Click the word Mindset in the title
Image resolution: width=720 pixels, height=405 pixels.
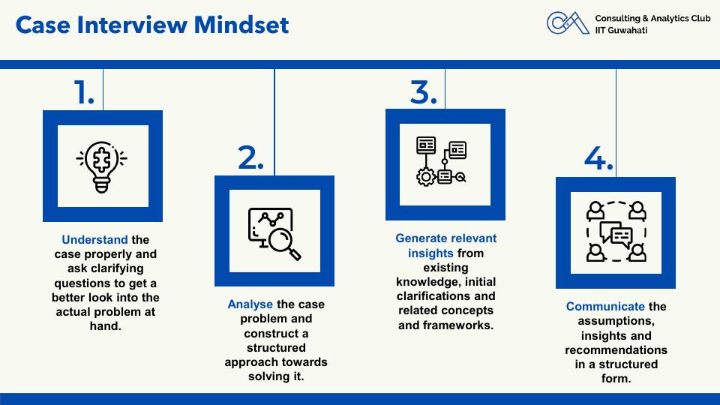241,25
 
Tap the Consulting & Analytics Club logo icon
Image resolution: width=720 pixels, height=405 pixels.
568,22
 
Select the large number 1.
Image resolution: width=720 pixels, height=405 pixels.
84,91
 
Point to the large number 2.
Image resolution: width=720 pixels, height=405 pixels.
250,157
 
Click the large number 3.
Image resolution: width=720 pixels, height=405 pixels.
423,91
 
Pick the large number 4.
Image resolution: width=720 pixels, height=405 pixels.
598,158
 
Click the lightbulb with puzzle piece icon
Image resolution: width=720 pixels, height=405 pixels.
102,166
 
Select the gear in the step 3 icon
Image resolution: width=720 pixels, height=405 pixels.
426,177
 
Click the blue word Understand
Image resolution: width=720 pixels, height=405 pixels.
94,240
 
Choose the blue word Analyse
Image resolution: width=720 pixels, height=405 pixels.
250,304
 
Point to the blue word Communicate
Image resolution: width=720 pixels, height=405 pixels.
605,306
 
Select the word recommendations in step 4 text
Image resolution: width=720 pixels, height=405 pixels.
616,350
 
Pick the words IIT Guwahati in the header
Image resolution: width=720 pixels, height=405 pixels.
621,30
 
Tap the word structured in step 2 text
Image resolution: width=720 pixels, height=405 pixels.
276,347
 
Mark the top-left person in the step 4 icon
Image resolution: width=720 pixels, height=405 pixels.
595,211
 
